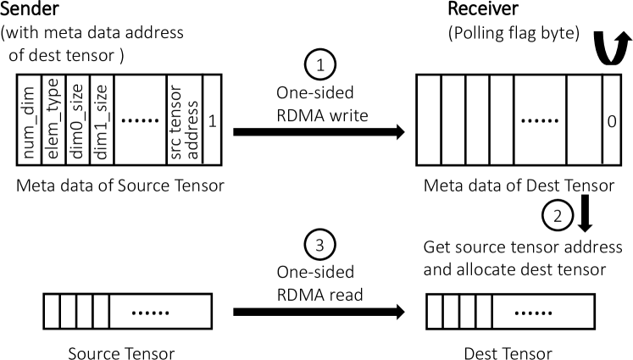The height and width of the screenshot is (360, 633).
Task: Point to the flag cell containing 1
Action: pyautogui.click(x=212, y=122)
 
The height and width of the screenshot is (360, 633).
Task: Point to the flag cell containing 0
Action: pyautogui.click(x=611, y=122)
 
